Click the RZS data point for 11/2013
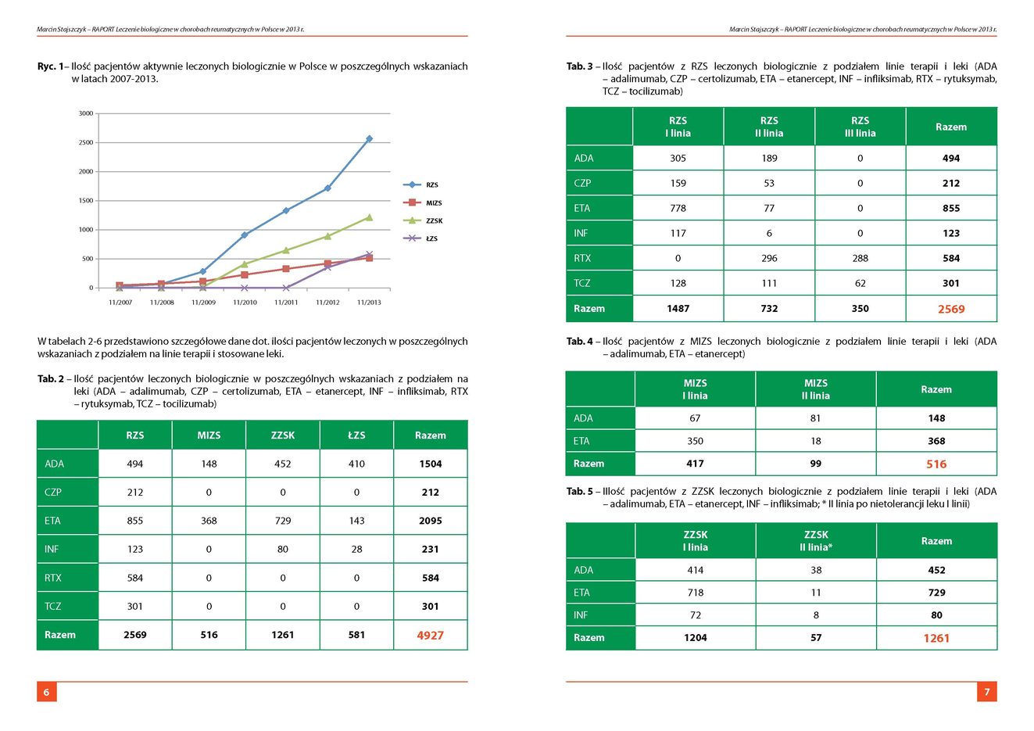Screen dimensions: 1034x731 point(369,138)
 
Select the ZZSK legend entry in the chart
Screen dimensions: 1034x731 point(423,220)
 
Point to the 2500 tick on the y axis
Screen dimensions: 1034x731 point(86,142)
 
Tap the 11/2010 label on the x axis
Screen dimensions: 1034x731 point(245,303)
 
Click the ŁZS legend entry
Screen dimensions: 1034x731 point(420,238)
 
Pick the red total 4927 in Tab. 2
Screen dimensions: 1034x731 point(430,636)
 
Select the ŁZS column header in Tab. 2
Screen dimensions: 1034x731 point(356,435)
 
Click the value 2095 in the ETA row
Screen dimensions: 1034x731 point(430,521)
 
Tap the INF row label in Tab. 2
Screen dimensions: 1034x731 point(52,549)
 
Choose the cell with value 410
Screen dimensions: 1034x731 point(357,464)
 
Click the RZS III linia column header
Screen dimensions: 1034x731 point(860,127)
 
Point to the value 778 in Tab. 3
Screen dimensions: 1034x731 point(678,208)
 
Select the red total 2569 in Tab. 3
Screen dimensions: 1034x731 point(951,309)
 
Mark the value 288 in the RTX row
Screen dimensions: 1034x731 point(860,258)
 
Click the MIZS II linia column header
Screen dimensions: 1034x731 point(816,389)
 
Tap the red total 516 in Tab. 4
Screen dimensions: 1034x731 point(936,464)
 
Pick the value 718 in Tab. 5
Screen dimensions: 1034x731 point(695,593)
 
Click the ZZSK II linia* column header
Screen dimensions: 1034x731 point(816,541)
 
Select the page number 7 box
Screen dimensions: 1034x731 point(987,692)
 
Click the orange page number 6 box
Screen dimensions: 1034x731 point(47,692)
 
